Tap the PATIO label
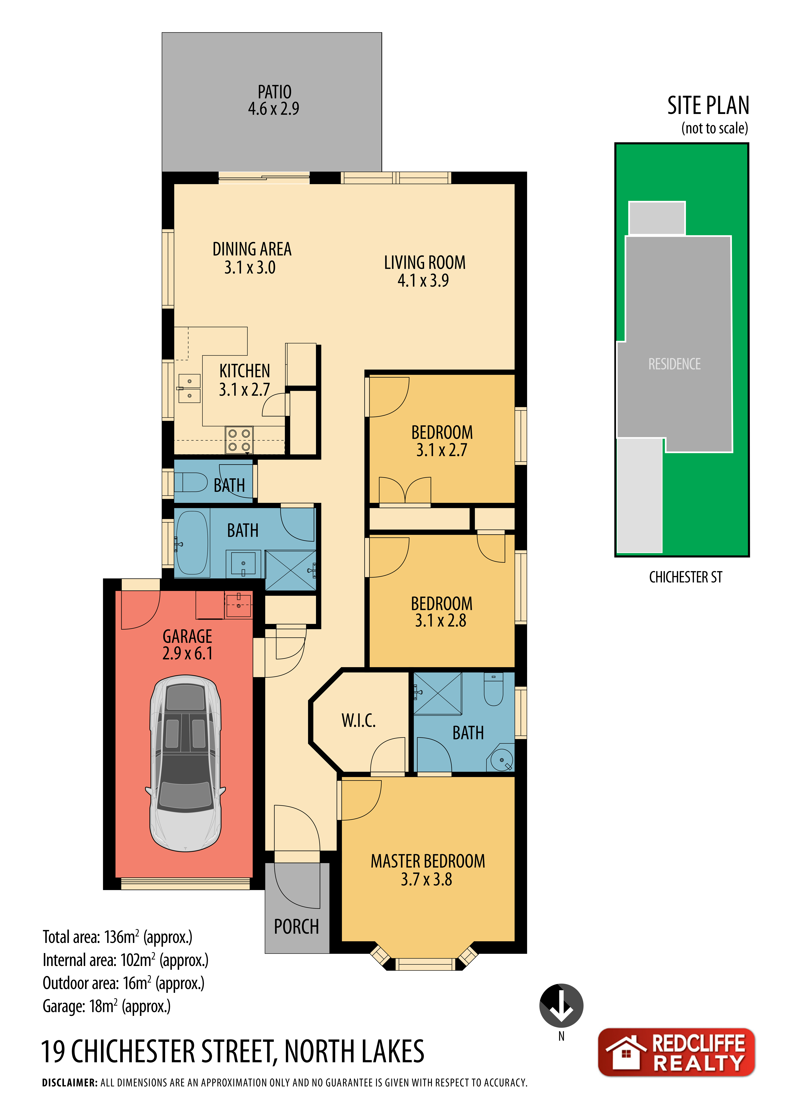click(x=275, y=92)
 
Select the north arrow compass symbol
click(x=561, y=1005)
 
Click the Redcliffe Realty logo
click(x=676, y=1052)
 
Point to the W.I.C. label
click(x=358, y=720)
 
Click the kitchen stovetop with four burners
click(x=239, y=440)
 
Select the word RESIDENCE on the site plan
click(x=674, y=364)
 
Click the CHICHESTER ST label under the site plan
click(x=686, y=577)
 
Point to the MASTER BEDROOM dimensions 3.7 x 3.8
click(x=426, y=879)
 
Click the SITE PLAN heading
click(x=708, y=105)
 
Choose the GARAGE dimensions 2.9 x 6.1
click(x=187, y=653)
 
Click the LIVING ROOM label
click(x=424, y=262)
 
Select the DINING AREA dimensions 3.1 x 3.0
click(x=250, y=267)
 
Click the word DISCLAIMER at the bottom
click(x=70, y=1083)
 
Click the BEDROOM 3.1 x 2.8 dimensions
click(x=441, y=620)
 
